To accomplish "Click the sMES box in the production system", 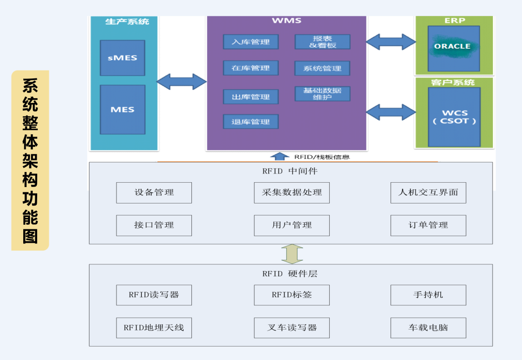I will (122, 58).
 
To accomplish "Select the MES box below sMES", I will (122, 110).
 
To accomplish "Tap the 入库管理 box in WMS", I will (250, 42).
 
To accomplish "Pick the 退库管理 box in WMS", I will (250, 122).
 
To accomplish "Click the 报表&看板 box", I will (322, 42).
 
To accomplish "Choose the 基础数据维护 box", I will (322, 94).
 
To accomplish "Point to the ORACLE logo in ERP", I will (452, 46).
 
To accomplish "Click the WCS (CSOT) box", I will (454, 117).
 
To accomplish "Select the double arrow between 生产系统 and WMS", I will (182, 82).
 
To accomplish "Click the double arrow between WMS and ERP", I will (391, 42).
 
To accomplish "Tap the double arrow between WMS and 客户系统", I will (391, 112).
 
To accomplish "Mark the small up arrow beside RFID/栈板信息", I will (279, 156).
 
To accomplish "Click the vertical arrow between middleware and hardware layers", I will (292, 254).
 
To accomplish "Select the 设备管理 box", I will (154, 193).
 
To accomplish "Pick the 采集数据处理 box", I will (291, 193).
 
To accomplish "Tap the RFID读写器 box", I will (154, 295).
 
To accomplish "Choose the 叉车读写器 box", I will (291, 328).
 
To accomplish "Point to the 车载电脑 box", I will (428, 328).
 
